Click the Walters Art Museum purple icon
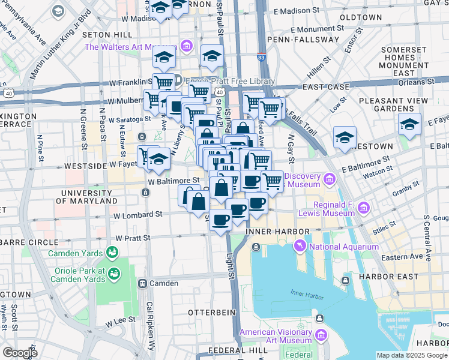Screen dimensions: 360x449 coord(186,46)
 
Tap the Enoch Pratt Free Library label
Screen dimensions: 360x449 coord(230,81)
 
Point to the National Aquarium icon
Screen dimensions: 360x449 coord(299,245)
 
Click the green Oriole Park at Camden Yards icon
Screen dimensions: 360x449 coord(113,274)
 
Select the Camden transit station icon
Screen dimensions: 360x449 coord(143,283)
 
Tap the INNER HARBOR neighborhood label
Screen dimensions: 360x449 coord(285,232)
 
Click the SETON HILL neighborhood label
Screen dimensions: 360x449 coord(105,35)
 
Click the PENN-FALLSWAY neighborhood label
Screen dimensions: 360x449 coord(312,40)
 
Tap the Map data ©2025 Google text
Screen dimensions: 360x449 coord(411,355)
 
